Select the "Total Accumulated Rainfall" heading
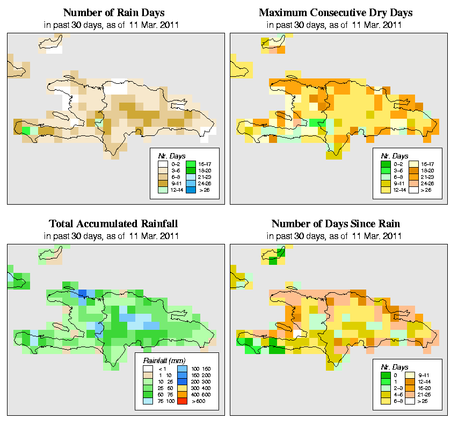coord(113,224)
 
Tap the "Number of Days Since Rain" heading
coord(336,224)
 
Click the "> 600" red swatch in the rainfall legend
coord(181,401)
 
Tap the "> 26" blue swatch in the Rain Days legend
coord(190,190)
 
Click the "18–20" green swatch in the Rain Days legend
coord(190,169)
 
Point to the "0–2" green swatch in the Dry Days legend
coord(384,163)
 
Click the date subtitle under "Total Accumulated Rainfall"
coord(113,236)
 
